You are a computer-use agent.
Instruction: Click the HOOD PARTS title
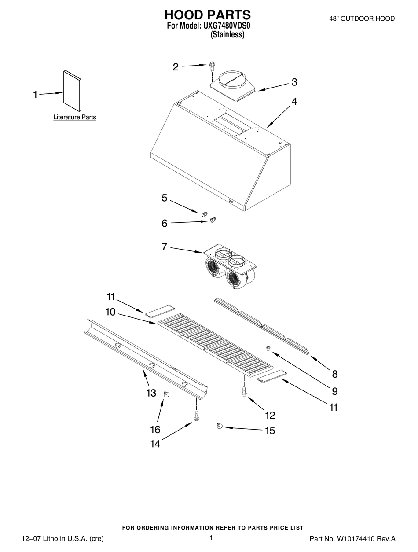click(207, 15)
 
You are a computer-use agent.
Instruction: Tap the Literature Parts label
click(74, 118)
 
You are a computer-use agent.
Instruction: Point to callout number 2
click(176, 67)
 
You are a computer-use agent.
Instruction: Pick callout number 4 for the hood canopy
click(294, 102)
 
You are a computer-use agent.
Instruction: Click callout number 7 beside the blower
click(164, 247)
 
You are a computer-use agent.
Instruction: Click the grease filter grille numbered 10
click(215, 345)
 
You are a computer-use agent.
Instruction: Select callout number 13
click(151, 393)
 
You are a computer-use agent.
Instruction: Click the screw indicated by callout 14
click(196, 416)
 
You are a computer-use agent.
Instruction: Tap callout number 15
click(269, 431)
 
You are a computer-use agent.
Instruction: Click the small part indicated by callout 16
click(166, 394)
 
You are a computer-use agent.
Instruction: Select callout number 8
click(335, 374)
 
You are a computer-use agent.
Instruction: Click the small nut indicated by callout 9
click(268, 348)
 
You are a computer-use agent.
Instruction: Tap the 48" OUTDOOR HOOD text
click(362, 18)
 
